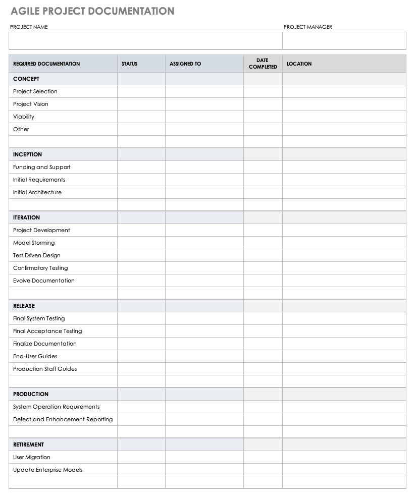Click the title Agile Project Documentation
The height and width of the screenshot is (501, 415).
[x=92, y=11]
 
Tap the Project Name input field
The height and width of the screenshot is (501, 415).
[x=145, y=41]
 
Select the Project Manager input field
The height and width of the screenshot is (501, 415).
[x=344, y=41]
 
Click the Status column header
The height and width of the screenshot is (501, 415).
[x=129, y=64]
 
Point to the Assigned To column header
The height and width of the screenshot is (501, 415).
[x=185, y=64]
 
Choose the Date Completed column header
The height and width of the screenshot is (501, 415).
[x=263, y=64]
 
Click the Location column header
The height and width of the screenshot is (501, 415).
[x=299, y=64]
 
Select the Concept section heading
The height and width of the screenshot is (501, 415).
[x=26, y=79]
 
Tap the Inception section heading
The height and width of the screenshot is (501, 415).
[x=27, y=154]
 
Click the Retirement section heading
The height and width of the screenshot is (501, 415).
[x=28, y=444]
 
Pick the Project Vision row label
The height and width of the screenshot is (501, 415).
[x=31, y=104]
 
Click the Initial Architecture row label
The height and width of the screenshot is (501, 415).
[x=37, y=192]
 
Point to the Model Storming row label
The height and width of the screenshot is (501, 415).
[x=34, y=243]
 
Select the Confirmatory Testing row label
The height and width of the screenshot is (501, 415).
[x=40, y=268]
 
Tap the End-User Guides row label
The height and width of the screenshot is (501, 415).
[x=35, y=356]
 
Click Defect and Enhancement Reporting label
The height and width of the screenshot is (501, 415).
[x=63, y=419]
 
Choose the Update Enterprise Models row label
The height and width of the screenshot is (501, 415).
[x=47, y=470]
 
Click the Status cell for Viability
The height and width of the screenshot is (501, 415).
[x=141, y=117]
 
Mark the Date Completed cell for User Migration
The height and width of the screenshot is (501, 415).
[x=263, y=457]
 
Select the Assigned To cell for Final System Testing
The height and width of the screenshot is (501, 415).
[x=204, y=318]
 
